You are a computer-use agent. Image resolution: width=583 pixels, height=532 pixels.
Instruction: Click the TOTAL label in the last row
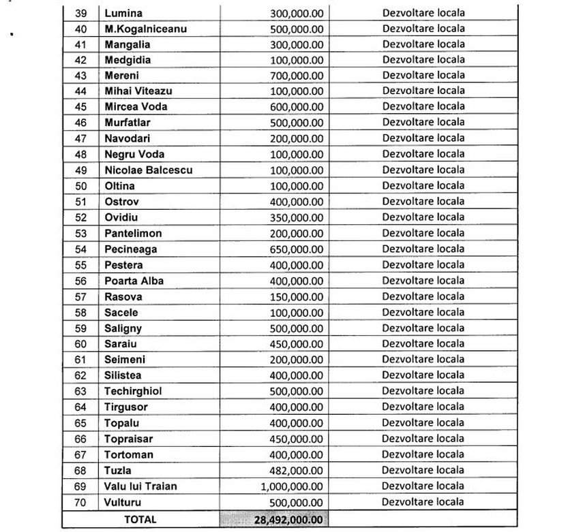tap(140, 519)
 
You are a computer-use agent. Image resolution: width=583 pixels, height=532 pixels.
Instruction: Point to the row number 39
tap(80, 13)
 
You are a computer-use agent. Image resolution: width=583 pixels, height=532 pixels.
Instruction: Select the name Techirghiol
tap(133, 391)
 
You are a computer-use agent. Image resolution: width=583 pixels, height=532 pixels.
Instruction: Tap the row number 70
tap(80, 502)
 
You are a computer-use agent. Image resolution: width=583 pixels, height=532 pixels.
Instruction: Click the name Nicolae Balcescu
tap(145, 170)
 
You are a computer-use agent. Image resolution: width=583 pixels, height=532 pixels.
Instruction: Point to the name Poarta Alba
tap(134, 281)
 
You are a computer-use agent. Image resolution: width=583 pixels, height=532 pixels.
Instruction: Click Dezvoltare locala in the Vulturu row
tap(423, 502)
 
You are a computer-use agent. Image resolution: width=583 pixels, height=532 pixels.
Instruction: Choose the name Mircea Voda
tap(136, 107)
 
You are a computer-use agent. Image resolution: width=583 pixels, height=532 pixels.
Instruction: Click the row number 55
tap(80, 265)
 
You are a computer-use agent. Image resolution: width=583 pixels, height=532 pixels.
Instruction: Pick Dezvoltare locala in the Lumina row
tap(423, 13)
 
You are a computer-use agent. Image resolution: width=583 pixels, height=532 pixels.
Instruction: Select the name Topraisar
tap(130, 439)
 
